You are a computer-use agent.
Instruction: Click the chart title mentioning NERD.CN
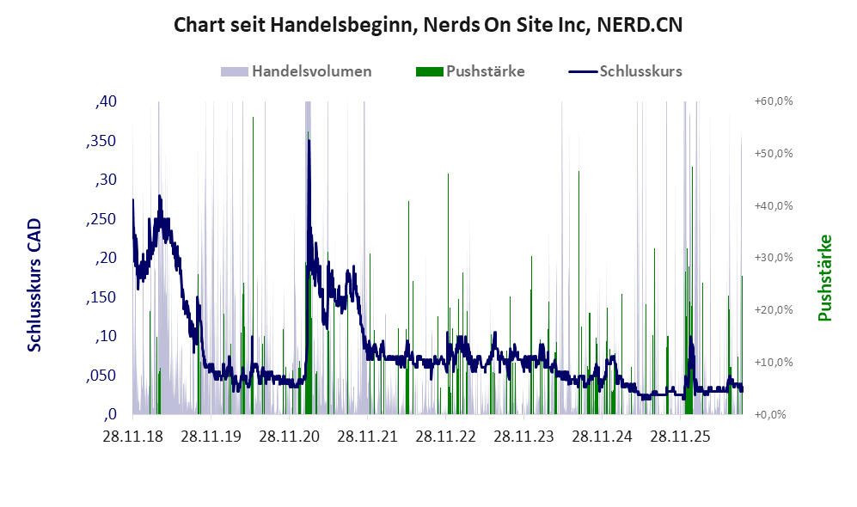click(x=428, y=25)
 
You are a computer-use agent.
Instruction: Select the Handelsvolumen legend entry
click(x=297, y=71)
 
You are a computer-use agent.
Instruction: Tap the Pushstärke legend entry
click(x=470, y=71)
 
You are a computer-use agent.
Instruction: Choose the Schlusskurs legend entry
click(x=625, y=71)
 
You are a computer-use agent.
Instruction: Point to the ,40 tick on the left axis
click(x=106, y=101)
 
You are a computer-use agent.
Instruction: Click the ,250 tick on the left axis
click(x=101, y=218)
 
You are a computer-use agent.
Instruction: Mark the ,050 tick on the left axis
click(x=101, y=376)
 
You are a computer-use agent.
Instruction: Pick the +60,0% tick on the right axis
click(x=774, y=101)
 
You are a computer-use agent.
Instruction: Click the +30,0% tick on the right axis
click(x=774, y=257)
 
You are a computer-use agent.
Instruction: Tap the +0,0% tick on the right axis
click(x=771, y=415)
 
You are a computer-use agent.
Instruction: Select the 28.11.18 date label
click(x=133, y=437)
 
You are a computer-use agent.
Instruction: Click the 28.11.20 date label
click(x=289, y=437)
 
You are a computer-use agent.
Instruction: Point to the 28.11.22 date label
click(x=445, y=437)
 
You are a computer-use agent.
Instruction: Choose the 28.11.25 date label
click(x=680, y=437)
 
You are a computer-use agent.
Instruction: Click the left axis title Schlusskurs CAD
click(x=34, y=284)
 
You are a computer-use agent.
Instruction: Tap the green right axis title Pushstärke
click(x=824, y=278)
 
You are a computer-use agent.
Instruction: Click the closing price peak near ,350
click(x=309, y=140)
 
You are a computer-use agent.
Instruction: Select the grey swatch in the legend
click(x=235, y=71)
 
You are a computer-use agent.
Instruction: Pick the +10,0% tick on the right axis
click(x=774, y=363)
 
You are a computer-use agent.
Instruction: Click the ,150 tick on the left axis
click(x=101, y=296)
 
